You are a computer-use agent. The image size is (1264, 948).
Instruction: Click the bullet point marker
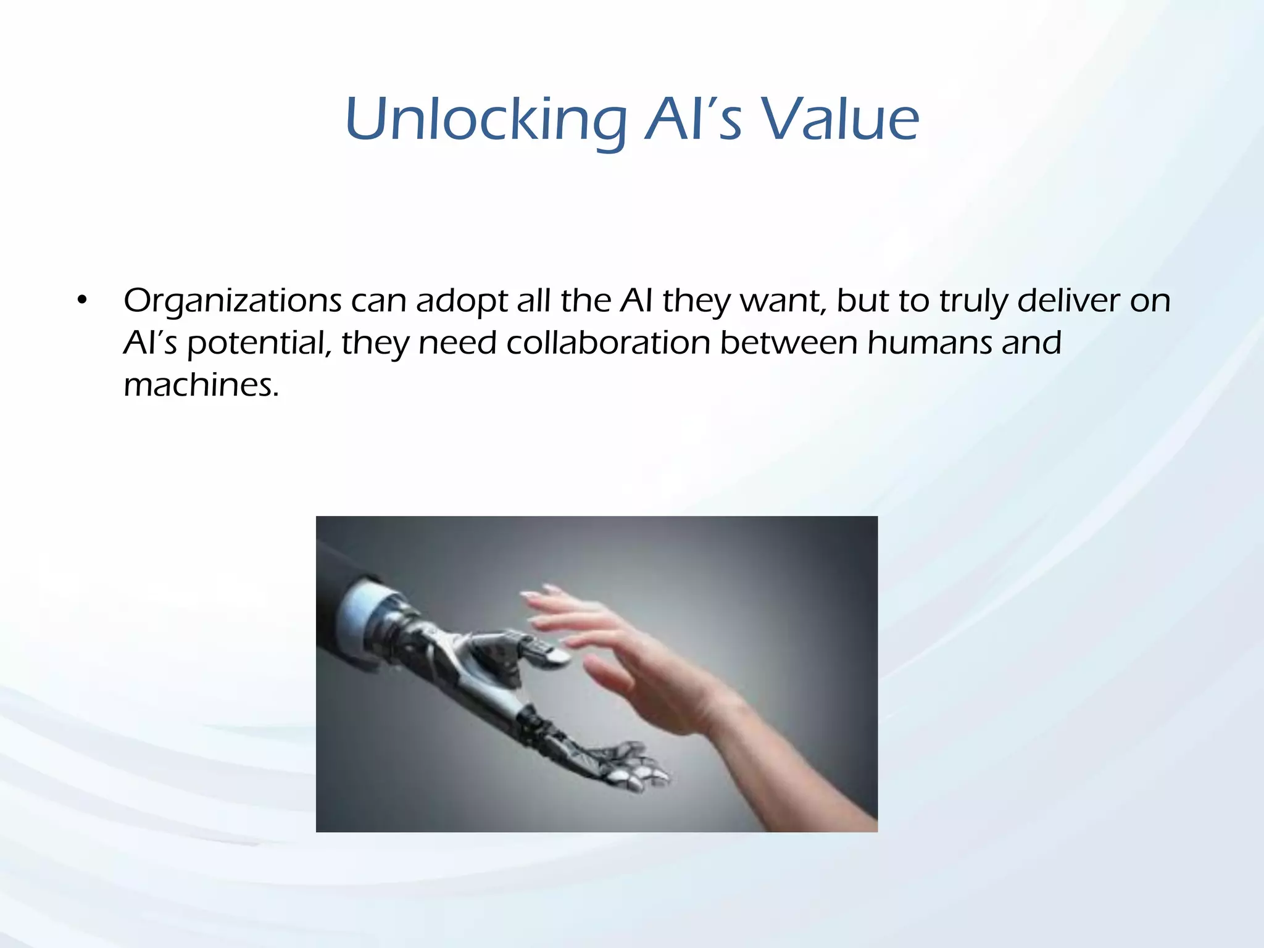pos(82,301)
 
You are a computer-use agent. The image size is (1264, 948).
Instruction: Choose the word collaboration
pos(608,343)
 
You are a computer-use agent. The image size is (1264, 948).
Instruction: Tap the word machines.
pos(201,385)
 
